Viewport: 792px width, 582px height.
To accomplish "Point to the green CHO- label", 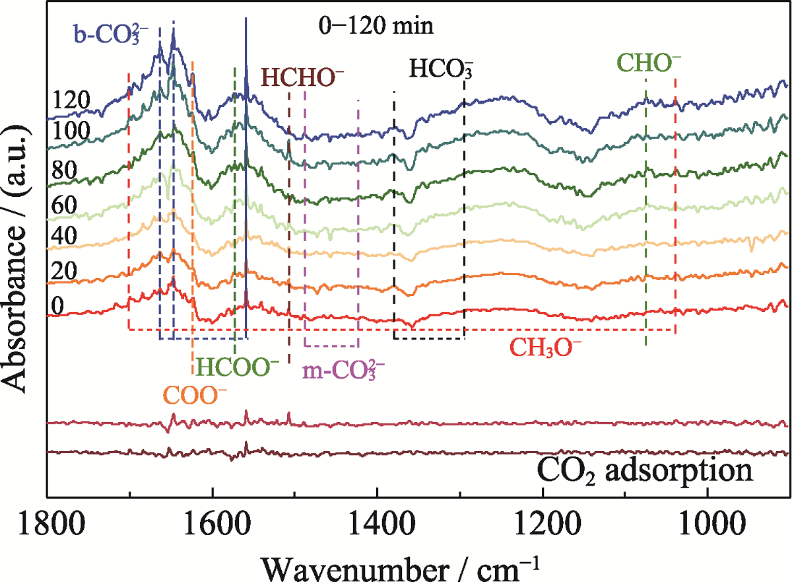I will coord(648,63).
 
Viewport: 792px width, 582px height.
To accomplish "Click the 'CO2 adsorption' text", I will coord(645,472).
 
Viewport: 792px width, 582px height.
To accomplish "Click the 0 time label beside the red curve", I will coord(57,306).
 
